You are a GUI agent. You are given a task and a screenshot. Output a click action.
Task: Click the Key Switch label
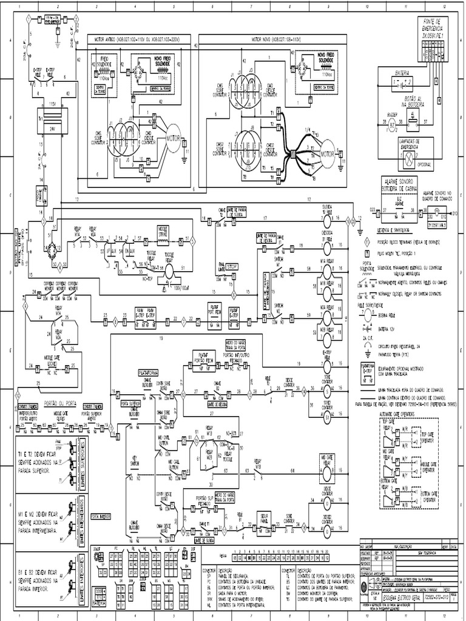(x=135, y=462)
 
